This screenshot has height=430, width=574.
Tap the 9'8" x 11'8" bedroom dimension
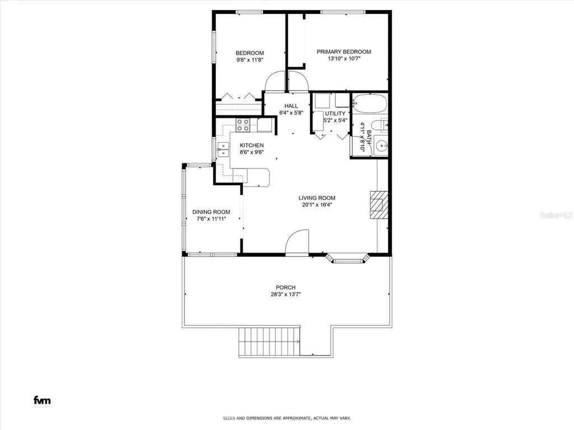[x=249, y=59]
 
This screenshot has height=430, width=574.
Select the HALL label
[x=291, y=106]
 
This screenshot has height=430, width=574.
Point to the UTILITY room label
[x=335, y=114]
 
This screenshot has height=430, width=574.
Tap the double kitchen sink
[x=224, y=149]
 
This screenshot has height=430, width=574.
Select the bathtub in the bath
[x=369, y=104]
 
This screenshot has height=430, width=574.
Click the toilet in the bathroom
[x=383, y=127]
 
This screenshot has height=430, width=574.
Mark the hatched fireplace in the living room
[x=378, y=205]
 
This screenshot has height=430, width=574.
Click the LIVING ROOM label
[x=317, y=198]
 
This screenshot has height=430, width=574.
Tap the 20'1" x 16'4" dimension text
[x=317, y=205]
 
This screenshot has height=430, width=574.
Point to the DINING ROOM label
[x=211, y=212]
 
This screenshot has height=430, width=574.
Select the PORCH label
[x=285, y=287]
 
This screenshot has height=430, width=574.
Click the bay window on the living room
[x=348, y=259]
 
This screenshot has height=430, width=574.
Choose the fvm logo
[x=42, y=400]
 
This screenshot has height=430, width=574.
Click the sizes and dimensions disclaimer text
[x=287, y=418]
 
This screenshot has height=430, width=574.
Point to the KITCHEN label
[x=252, y=146]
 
